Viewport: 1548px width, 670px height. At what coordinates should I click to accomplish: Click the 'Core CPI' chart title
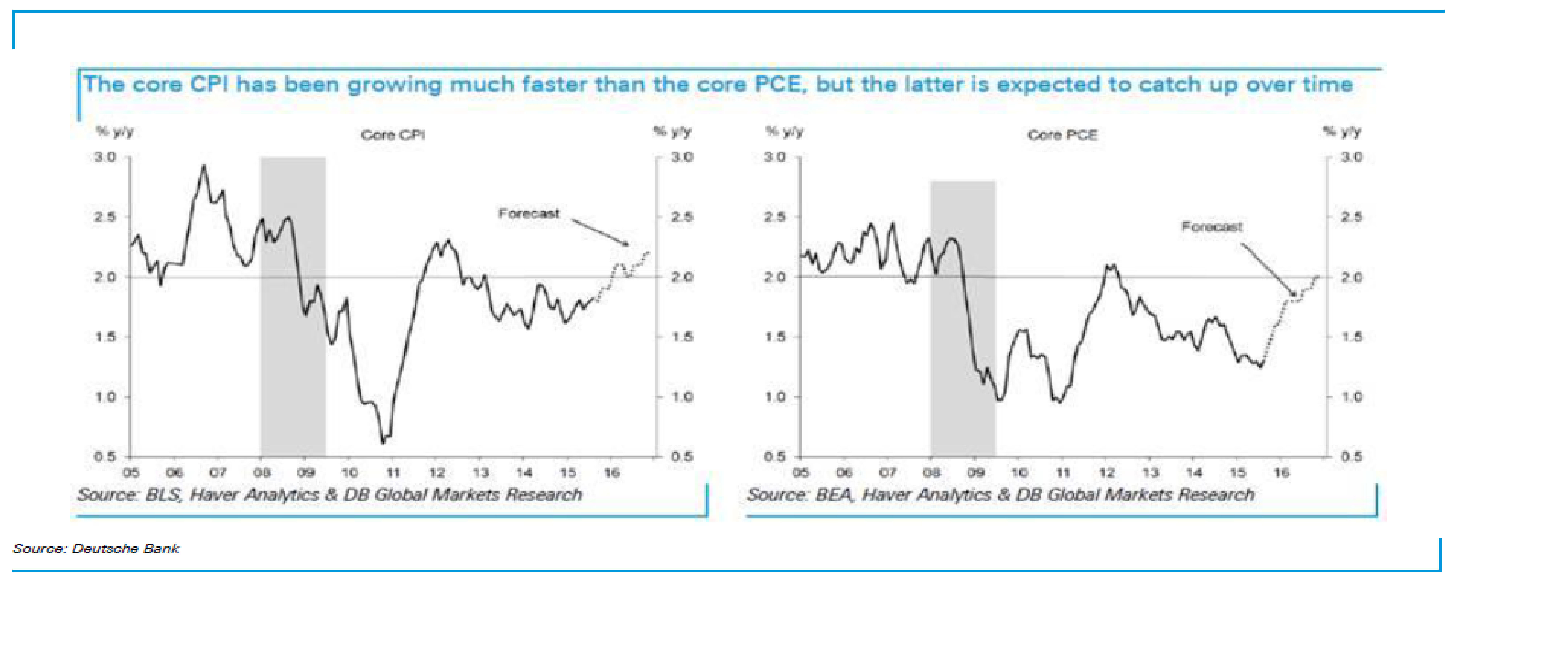pos(393,135)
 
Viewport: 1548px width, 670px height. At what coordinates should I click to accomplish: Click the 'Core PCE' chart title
pos(1062,135)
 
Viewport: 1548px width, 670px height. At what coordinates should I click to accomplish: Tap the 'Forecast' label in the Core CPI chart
pos(529,213)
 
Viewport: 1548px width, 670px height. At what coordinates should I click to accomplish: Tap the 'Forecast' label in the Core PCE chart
pos(1211,227)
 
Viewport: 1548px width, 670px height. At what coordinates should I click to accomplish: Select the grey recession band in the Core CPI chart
pos(293,307)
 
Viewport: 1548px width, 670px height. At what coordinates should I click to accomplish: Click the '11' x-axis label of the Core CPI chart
pos(393,473)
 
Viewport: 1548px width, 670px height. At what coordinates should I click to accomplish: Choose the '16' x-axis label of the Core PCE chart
pos(1281,473)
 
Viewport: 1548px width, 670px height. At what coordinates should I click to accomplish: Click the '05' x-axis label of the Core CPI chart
pos(131,473)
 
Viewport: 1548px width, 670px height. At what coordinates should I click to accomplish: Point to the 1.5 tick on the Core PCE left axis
pos(775,337)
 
